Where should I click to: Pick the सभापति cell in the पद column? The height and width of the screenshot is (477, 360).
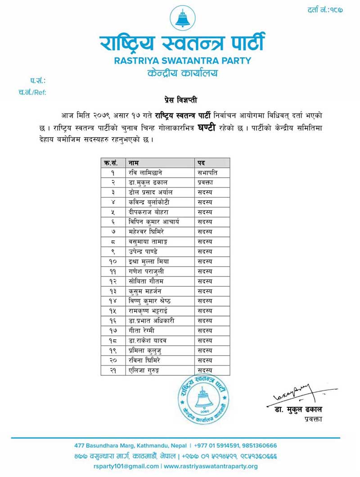pos(207,172)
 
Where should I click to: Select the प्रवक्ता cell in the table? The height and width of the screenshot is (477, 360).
pos(207,182)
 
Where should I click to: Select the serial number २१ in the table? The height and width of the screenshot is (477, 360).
pos(113,370)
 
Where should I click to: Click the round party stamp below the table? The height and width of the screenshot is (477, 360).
pos(201,401)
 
